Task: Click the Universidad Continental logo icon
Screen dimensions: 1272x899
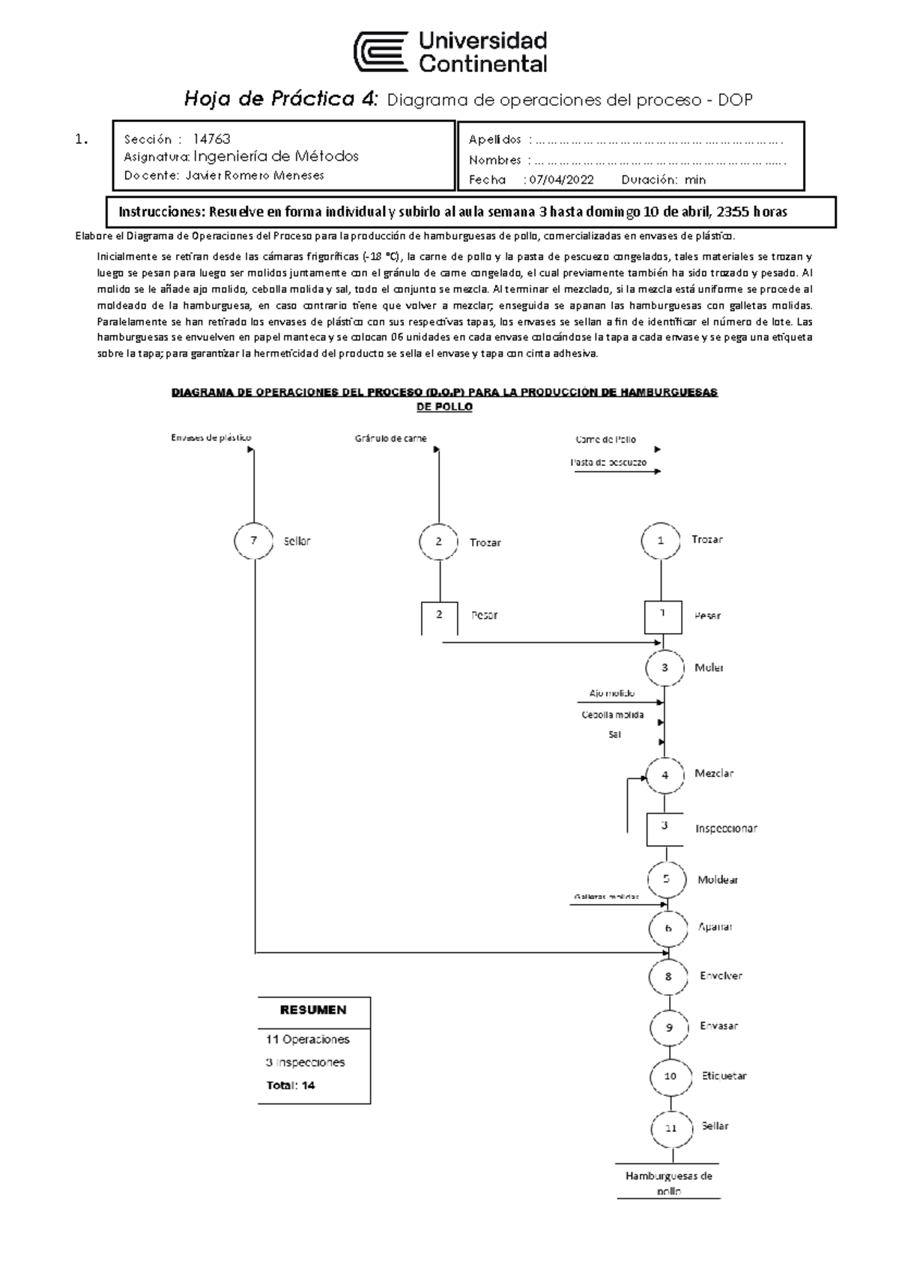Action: [381, 52]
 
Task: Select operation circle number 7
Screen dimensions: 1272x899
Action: [255, 541]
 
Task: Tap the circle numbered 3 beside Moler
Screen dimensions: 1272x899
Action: [665, 668]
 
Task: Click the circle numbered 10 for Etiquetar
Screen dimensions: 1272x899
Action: [670, 1076]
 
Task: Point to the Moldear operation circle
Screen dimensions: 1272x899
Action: [667, 879]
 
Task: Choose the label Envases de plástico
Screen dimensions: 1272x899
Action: [211, 438]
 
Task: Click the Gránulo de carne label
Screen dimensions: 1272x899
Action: [391, 438]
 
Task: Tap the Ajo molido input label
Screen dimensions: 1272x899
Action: [612, 694]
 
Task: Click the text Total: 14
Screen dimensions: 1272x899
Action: [291, 1085]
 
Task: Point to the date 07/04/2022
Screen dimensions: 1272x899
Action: [561, 180]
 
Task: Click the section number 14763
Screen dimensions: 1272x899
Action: [212, 139]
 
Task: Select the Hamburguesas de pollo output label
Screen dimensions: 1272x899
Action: [668, 1183]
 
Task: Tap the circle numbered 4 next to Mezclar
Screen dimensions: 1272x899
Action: [665, 775]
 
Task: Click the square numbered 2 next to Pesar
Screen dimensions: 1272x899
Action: [439, 616]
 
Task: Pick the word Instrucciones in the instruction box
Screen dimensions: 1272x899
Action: [161, 212]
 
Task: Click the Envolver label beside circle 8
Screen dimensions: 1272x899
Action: [721, 976]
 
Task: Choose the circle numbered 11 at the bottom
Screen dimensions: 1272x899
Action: [671, 1128]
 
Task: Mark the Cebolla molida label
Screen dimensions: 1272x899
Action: [613, 715]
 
